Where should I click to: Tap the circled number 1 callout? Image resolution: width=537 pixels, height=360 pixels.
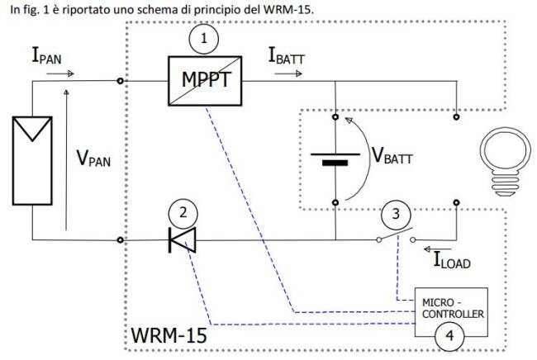click(x=204, y=37)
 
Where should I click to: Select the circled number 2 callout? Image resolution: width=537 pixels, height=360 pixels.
click(x=183, y=212)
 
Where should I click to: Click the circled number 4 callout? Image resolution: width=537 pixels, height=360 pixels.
click(x=449, y=335)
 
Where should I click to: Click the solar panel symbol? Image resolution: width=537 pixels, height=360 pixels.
click(x=31, y=159)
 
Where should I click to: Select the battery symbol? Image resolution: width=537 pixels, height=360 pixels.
click(x=335, y=159)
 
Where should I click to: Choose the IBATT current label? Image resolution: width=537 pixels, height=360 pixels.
click(x=289, y=56)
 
